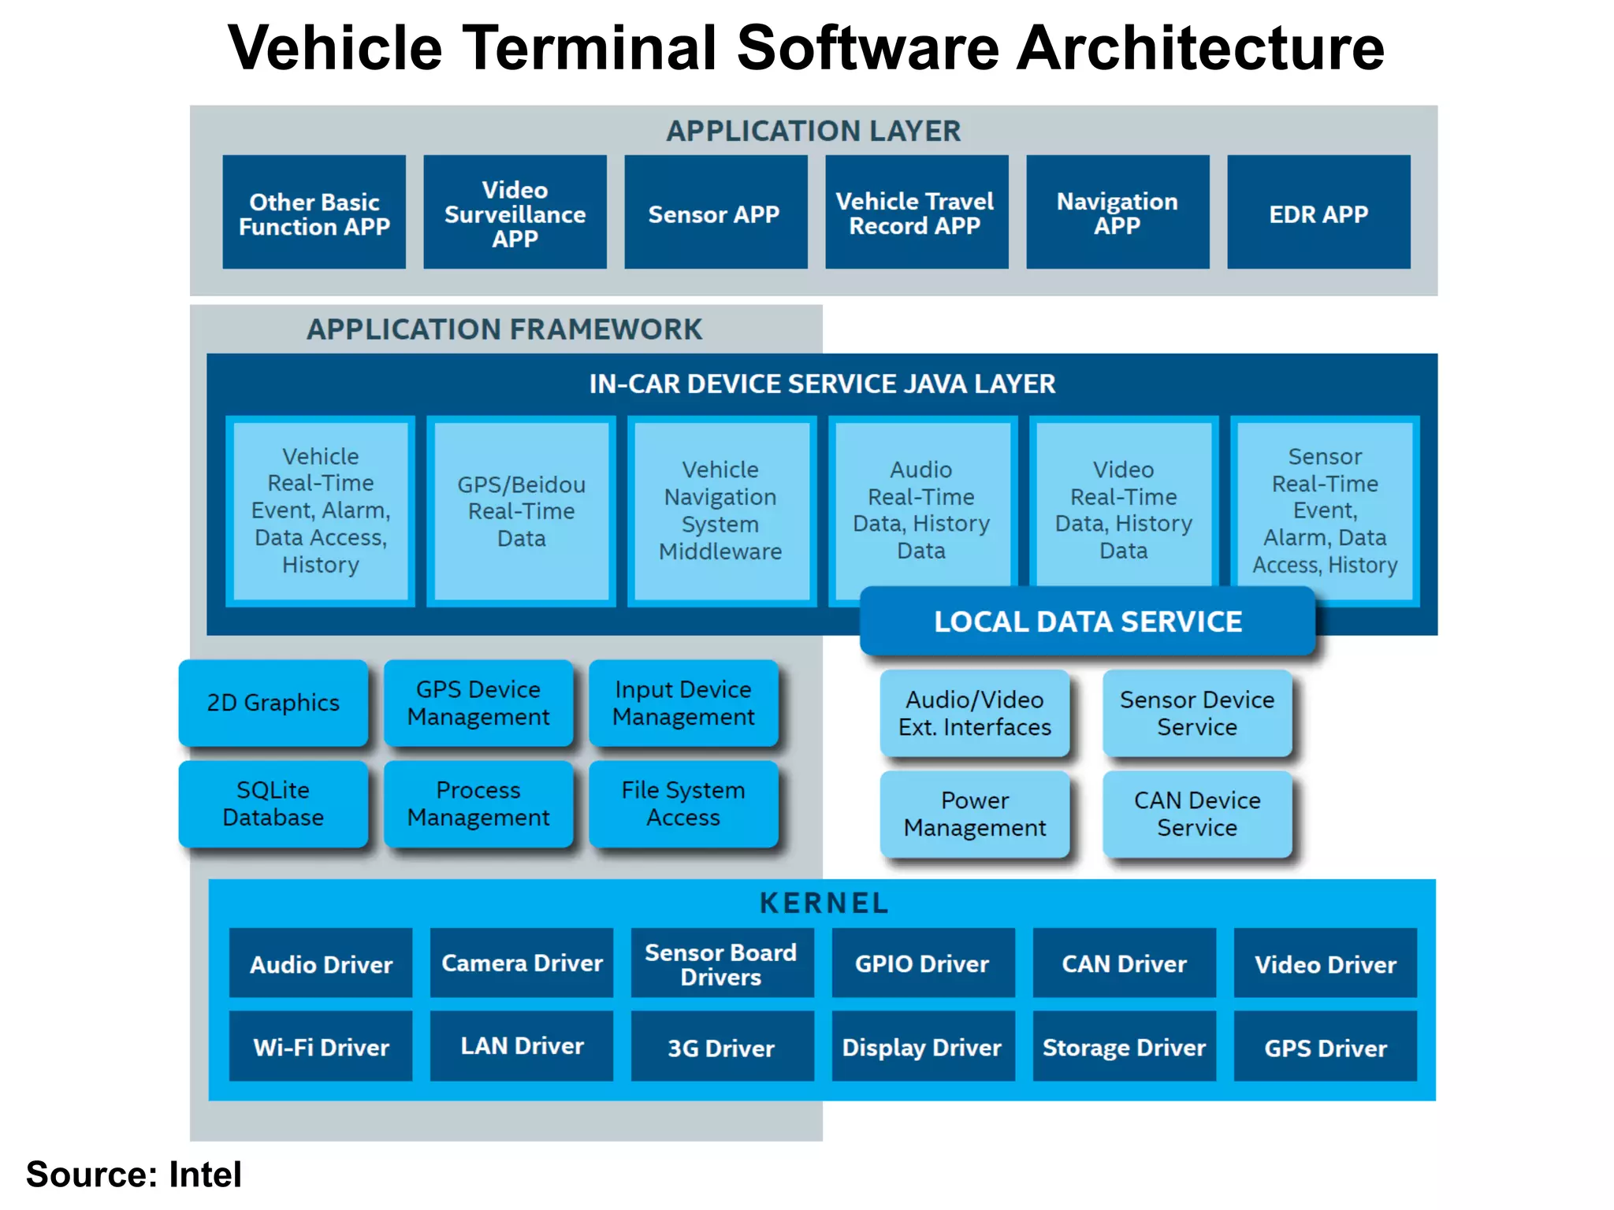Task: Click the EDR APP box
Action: coord(1318,212)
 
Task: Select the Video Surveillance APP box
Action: coord(515,212)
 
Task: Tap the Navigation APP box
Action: coord(1118,212)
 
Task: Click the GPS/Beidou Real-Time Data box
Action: coord(521,511)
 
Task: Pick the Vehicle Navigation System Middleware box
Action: coord(721,511)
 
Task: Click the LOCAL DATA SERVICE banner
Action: coord(1088,622)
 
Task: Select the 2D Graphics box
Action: coord(273,703)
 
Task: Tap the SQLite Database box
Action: coord(273,804)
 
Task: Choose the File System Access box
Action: coord(683,804)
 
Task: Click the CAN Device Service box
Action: coord(1197,814)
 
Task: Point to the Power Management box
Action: coord(975,814)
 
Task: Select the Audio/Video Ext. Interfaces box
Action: coord(975,713)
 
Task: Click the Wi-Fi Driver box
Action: coord(321,1047)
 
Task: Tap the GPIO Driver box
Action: coord(923,963)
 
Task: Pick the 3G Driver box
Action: coord(722,1047)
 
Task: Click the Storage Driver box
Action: coord(1124,1047)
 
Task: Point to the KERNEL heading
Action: coord(824,903)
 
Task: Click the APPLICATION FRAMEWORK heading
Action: coord(504,329)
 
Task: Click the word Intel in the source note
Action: coord(205,1175)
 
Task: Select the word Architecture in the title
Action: coord(1199,49)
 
